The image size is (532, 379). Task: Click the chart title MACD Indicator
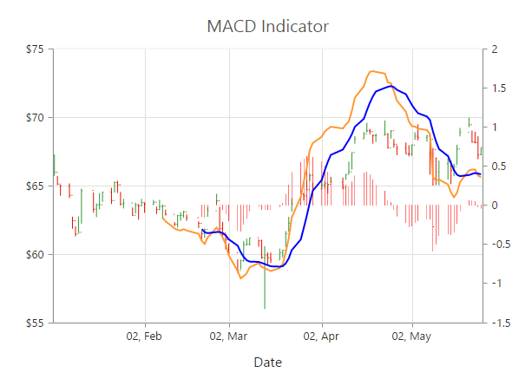point(267,26)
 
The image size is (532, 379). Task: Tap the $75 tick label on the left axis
point(34,49)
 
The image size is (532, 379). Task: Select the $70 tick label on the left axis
point(34,118)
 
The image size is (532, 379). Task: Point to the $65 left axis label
point(34,186)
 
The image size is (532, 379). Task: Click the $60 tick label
point(34,255)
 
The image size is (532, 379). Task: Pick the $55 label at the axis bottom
point(34,323)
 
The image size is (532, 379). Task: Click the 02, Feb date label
point(144,336)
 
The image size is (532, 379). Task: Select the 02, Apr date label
point(322,336)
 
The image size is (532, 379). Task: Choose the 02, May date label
point(411,336)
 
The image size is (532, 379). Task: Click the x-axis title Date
point(267,362)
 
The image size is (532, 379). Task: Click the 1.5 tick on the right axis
point(498,88)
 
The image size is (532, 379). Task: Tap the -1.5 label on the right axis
point(500,323)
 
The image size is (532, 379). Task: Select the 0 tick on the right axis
point(494,206)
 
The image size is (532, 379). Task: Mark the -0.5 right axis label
point(500,245)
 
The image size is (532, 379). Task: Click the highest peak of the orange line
point(373,71)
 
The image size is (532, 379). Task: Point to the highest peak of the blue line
point(392,86)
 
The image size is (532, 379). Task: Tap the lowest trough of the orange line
point(241,278)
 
